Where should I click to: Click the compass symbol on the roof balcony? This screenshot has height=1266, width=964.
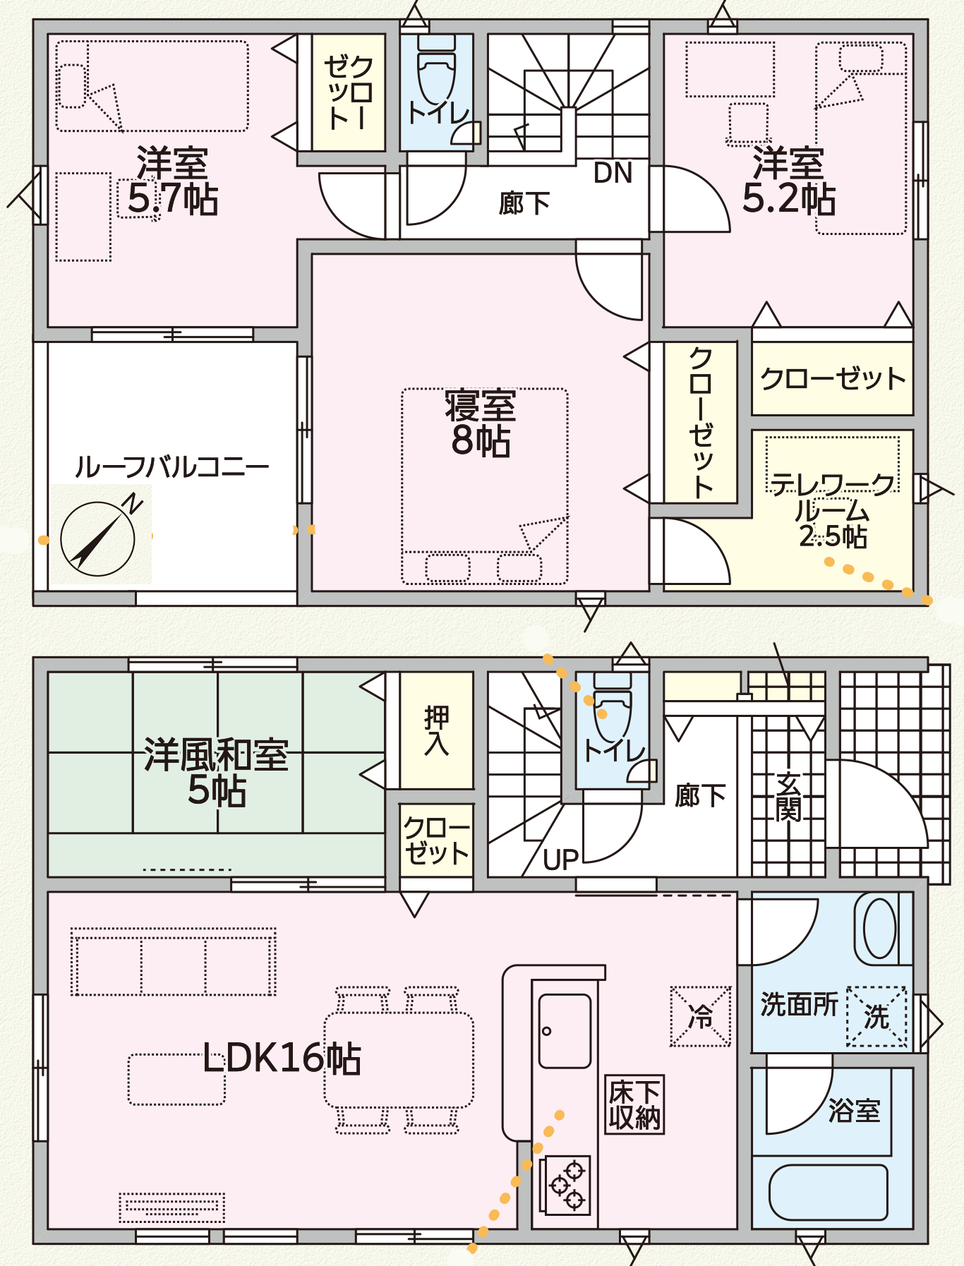tap(97, 538)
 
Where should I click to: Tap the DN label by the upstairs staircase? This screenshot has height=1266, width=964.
tap(612, 173)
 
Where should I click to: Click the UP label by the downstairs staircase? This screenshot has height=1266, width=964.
tap(561, 860)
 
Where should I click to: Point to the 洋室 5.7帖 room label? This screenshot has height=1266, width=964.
tap(172, 181)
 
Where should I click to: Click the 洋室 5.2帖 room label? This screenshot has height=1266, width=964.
tap(788, 181)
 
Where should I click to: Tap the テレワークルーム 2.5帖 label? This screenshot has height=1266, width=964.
tap(833, 510)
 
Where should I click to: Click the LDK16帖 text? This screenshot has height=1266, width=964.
tap(282, 1058)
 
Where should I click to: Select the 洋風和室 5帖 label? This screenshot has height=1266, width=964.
tap(216, 772)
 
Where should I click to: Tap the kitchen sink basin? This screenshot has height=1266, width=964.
tap(565, 1030)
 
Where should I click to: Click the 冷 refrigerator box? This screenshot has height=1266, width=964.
tap(701, 1016)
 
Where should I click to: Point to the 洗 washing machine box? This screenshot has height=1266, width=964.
tap(876, 1017)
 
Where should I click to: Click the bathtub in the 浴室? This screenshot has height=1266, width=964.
tap(829, 1192)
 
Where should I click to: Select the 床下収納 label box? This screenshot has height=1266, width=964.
tap(634, 1104)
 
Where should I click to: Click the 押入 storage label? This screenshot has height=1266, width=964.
tap(436, 730)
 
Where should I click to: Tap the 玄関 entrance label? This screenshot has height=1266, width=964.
tap(788, 797)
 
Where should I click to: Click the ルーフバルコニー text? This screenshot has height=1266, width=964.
tap(171, 467)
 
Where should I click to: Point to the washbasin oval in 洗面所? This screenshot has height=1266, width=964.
tap(879, 928)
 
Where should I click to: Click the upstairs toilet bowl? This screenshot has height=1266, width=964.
tap(437, 78)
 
